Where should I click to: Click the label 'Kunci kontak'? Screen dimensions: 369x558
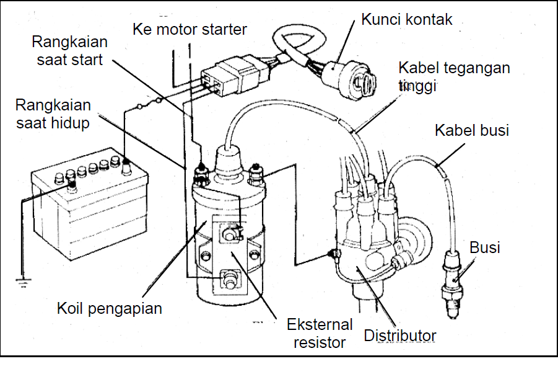click(407, 19)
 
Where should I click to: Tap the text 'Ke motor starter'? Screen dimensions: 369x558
click(190, 29)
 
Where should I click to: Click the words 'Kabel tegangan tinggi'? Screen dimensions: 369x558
click(454, 76)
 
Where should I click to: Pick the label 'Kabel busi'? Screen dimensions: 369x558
click(472, 130)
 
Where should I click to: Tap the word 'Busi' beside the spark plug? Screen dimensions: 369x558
click(485, 248)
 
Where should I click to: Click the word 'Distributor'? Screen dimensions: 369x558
click(400, 336)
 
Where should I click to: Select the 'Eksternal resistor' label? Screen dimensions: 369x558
click(319, 332)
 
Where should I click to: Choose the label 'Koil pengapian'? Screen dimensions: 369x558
click(110, 308)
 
